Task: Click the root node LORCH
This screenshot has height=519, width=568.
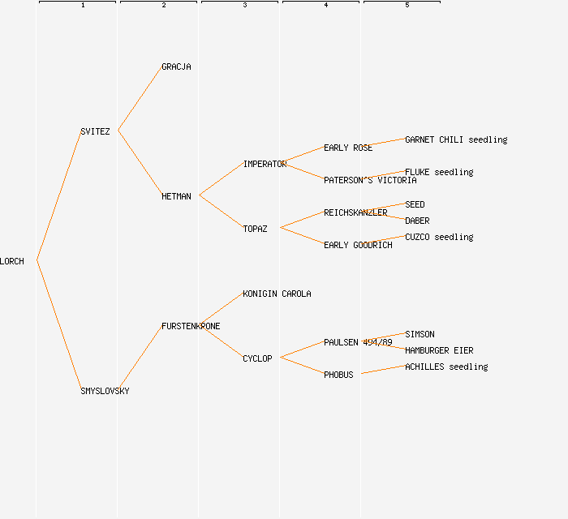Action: (x=12, y=261)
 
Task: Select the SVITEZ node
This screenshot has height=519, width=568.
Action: (x=95, y=131)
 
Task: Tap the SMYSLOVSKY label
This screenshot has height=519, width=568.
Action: (x=105, y=391)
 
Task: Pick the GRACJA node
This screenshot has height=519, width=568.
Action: (x=176, y=66)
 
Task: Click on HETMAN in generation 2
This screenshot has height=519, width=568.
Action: (x=176, y=196)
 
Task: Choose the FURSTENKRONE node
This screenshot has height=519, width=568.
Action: (x=191, y=326)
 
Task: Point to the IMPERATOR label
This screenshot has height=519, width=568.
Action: (x=265, y=164)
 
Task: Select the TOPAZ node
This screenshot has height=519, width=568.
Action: (x=255, y=229)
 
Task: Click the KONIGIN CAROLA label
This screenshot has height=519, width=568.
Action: (x=277, y=294)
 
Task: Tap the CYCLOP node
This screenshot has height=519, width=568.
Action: (x=257, y=358)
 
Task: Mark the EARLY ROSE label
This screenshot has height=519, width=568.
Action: (x=348, y=148)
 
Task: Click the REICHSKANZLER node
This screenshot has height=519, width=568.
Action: (x=355, y=212)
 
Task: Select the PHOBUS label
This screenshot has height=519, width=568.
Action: (x=338, y=375)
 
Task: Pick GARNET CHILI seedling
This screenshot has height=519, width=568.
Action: (x=456, y=139)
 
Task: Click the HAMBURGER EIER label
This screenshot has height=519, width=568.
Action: (x=439, y=350)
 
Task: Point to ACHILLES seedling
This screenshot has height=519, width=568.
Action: (x=446, y=367)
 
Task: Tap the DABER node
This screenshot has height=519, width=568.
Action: (x=417, y=221)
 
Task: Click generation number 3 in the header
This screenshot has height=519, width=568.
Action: (x=244, y=6)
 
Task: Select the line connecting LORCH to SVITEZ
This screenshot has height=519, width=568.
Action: (x=58, y=195)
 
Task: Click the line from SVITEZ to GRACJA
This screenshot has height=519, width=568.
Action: (x=140, y=98)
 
